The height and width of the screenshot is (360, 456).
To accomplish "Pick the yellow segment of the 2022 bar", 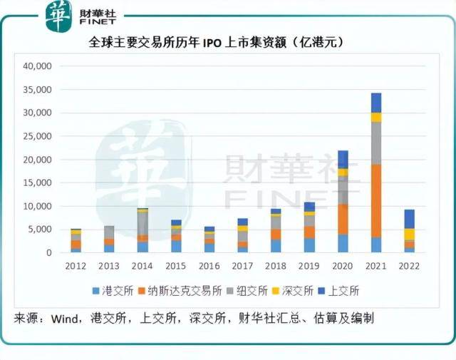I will pyautogui.click(x=409, y=235).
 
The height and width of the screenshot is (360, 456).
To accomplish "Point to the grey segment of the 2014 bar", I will pyautogui.click(x=143, y=224).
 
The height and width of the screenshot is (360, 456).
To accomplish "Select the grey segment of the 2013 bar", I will pyautogui.click(x=109, y=232).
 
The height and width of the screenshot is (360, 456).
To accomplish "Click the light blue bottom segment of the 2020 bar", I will pyautogui.click(x=343, y=243).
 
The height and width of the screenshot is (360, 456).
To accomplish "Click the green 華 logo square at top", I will pyautogui.click(x=58, y=16).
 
